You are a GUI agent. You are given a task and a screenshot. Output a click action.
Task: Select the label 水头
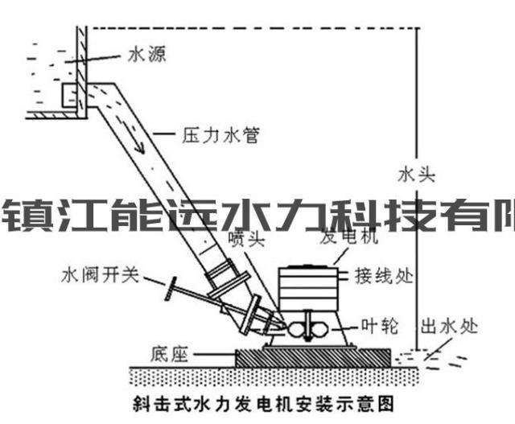(x=416, y=174)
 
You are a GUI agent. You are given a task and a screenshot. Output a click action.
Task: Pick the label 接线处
(x=384, y=276)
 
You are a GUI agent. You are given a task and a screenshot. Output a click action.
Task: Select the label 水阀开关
(x=100, y=276)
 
